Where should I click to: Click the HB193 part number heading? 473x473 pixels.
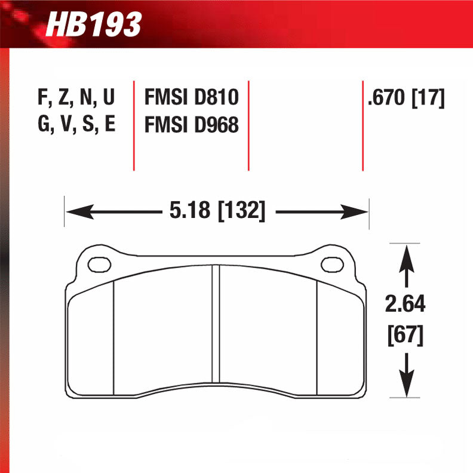click(94, 25)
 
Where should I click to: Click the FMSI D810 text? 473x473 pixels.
click(191, 98)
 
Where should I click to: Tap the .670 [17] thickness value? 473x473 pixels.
click(407, 98)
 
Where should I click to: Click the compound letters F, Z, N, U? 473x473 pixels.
click(76, 98)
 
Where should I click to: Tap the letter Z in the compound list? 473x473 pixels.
click(60, 98)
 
